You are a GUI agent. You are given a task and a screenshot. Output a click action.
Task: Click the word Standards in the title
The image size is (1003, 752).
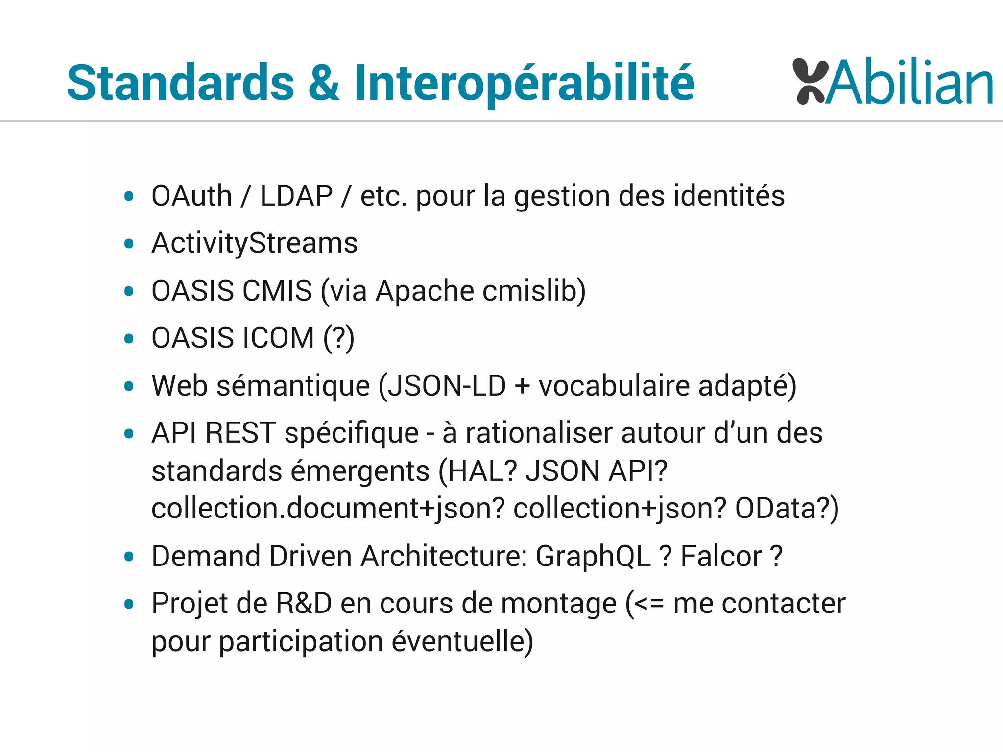[x=180, y=83]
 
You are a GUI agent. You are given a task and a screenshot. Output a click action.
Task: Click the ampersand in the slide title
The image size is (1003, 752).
[x=324, y=83]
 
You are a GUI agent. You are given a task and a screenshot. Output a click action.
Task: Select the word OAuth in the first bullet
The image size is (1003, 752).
[x=191, y=196]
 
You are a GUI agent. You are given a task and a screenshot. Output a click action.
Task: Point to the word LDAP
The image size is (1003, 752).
[x=296, y=196]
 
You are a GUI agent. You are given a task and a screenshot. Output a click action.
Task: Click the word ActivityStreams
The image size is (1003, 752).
[x=255, y=243]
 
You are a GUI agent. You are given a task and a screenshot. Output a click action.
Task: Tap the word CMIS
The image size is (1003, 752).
[x=277, y=291]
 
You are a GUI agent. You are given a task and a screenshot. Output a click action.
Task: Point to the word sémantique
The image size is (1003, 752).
[x=293, y=385]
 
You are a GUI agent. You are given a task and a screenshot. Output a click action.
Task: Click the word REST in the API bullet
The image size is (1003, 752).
[x=240, y=433]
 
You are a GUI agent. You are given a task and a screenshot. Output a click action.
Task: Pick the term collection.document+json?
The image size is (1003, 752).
[x=328, y=508]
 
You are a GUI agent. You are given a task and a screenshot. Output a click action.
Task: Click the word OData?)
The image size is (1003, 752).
[x=787, y=508]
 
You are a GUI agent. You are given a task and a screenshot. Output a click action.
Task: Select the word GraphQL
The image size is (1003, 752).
[x=593, y=556]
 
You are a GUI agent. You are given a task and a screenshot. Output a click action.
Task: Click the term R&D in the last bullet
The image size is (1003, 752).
[x=304, y=603]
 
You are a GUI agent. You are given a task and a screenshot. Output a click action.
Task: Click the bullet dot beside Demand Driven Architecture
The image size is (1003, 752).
[x=129, y=557]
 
